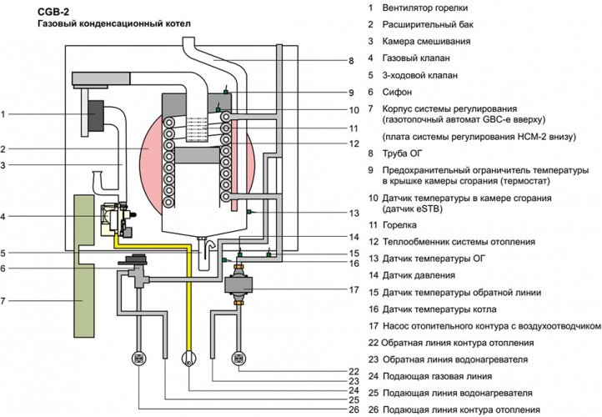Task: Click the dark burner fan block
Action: [x=96, y=116]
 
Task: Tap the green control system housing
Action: [x=84, y=266]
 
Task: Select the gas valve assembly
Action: [x=116, y=220]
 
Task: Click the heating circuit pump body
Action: [x=238, y=285]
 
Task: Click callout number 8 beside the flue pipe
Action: [x=351, y=61]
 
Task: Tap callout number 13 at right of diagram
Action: [x=354, y=214]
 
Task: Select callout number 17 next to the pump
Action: [x=354, y=289]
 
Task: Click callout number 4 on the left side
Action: [x=3, y=217]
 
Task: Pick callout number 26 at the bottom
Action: [x=354, y=409]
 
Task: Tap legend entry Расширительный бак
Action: [x=428, y=24]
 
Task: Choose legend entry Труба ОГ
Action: [x=402, y=153]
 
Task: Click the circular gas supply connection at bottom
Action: [x=188, y=359]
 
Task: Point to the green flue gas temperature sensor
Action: [x=248, y=212]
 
